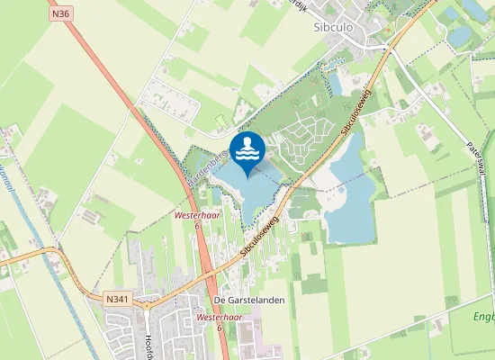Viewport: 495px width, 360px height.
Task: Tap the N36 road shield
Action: click(x=61, y=14)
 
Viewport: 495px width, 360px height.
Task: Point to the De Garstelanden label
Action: click(x=243, y=300)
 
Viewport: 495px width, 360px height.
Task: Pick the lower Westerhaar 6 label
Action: click(x=219, y=322)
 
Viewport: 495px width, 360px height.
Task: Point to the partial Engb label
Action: click(x=484, y=316)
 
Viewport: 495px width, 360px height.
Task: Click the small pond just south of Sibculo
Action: click(x=336, y=83)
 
